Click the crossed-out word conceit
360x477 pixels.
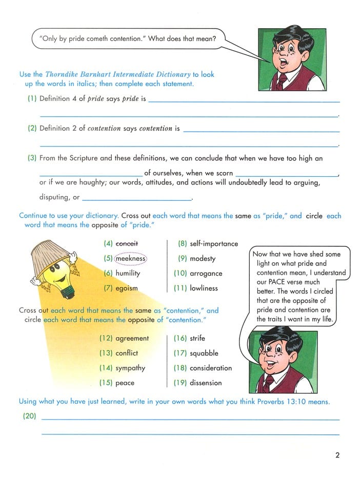tap(127, 244)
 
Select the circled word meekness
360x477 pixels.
tap(130, 259)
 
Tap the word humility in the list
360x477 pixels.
tap(128, 274)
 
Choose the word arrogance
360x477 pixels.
tap(206, 274)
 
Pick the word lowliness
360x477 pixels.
tap(204, 288)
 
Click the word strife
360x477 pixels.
tap(198, 339)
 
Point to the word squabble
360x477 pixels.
tap(204, 354)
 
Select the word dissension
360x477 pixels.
tap(206, 383)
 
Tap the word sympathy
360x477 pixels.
tap(130, 368)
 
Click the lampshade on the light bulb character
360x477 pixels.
tap(49, 254)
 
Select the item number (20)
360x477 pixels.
tap(29, 417)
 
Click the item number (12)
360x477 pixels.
tap(106, 339)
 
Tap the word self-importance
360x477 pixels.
tap(214, 244)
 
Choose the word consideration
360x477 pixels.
tap(211, 368)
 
